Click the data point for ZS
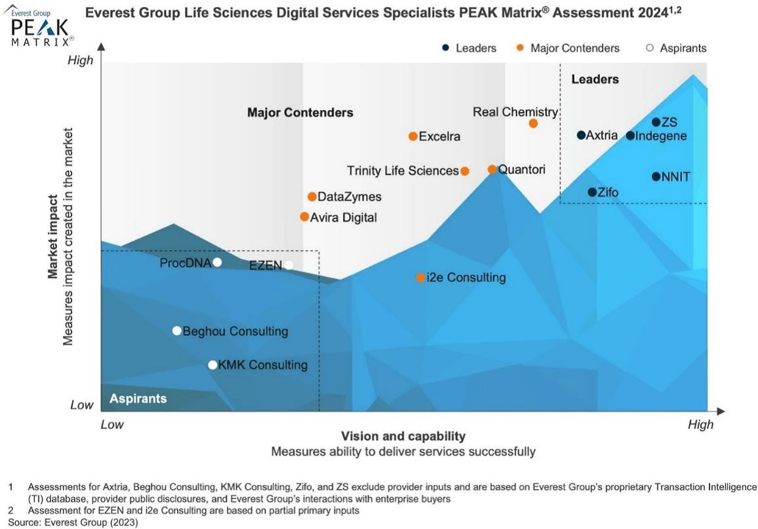click(656, 122)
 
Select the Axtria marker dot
click(581, 135)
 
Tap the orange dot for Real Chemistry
click(533, 123)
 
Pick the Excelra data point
click(413, 136)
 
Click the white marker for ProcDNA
click(217, 262)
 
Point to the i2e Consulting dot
click(420, 277)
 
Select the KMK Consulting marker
click(212, 365)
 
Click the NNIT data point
click(656, 176)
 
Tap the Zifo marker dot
click(592, 192)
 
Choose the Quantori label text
click(521, 169)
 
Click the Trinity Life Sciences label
click(403, 171)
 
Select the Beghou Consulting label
click(235, 331)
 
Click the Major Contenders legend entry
click(574, 48)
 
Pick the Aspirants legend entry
click(683, 48)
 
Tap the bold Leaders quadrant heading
click(595, 79)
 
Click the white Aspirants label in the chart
click(138, 399)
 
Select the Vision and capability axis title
click(403, 436)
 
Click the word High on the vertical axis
click(81, 60)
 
